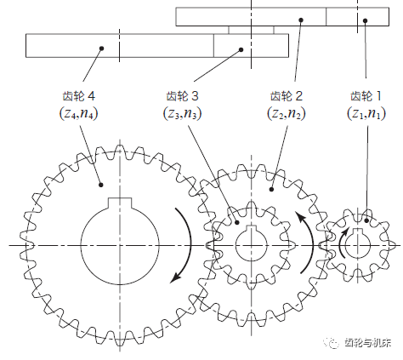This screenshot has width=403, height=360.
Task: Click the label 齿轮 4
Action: tap(78, 96)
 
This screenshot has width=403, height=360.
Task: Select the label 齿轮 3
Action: tap(182, 96)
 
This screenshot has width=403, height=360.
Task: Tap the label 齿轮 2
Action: tap(287, 96)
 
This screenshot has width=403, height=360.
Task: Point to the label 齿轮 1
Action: tap(366, 96)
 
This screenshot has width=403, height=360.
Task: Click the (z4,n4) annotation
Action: tap(78, 113)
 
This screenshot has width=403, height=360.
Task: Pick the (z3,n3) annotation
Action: tap(182, 113)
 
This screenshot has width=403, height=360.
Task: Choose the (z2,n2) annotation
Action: tap(287, 113)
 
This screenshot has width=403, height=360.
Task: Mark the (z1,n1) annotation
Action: tap(366, 113)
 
